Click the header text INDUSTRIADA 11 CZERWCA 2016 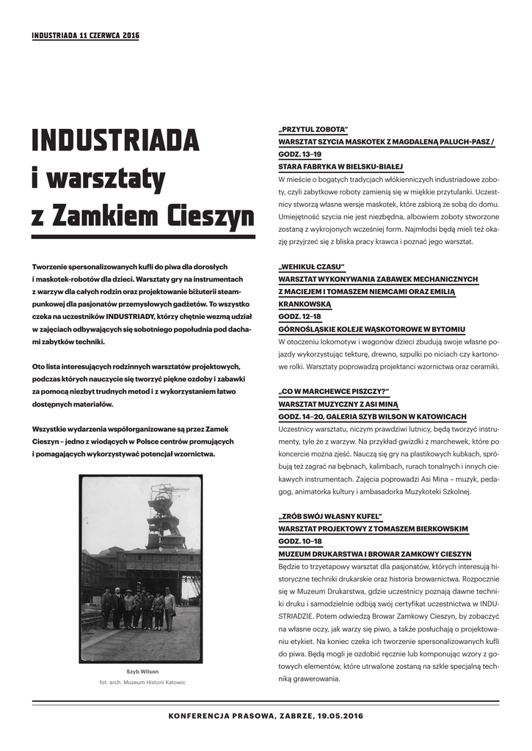(x=85, y=35)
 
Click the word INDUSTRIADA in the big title (x=115, y=140)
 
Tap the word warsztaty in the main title (x=98, y=179)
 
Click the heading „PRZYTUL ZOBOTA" (x=313, y=128)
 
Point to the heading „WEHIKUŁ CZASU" (x=311, y=266)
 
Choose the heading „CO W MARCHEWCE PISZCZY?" (x=333, y=392)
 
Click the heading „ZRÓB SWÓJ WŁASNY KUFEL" (x=330, y=516)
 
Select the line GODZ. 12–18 (x=300, y=316)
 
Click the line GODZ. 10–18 (x=300, y=541)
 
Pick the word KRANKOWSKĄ (x=305, y=304)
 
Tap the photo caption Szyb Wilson (x=142, y=672)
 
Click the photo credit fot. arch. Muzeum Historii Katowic (x=142, y=682)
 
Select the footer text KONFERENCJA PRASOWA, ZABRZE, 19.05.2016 (x=266, y=715)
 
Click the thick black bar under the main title (x=143, y=237)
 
